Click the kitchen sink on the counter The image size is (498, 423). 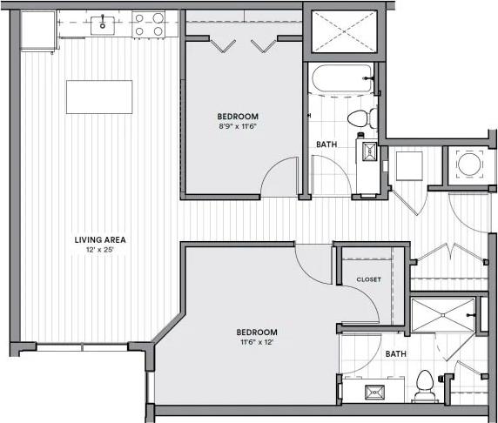click(x=104, y=25)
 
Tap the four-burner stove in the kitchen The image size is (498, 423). click(x=149, y=23)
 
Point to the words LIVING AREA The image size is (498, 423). click(x=96, y=240)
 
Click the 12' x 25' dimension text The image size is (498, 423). click(x=96, y=252)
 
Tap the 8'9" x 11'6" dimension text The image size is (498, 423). click(x=238, y=127)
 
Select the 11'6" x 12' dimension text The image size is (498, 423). click(x=257, y=342)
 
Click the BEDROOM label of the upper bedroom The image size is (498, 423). click(x=238, y=116)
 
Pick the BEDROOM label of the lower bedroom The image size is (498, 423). click(x=257, y=332)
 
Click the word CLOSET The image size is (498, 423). click(x=368, y=279)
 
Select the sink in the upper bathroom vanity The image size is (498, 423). click(x=369, y=152)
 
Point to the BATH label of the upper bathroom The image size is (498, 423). click(x=326, y=144)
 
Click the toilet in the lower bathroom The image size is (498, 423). click(x=426, y=385)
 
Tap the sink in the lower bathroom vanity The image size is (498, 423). click(x=378, y=391)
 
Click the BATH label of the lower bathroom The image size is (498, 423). click(x=396, y=354)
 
